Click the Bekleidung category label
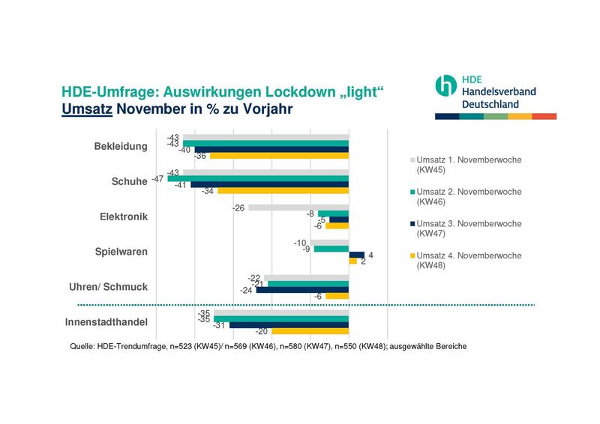tap(121, 146)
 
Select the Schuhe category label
tap(129, 182)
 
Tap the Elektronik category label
tap(124, 217)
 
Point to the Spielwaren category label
tap(121, 252)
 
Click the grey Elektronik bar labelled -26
tap(298, 208)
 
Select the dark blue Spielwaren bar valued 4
tap(356, 255)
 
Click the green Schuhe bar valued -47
tap(258, 179)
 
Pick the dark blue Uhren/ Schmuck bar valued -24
tap(302, 290)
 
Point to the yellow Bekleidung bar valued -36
tap(279, 156)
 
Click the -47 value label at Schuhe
tap(157, 179)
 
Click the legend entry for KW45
tap(468, 165)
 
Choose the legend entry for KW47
tap(468, 228)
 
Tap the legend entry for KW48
tap(468, 260)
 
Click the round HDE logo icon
tap(445, 85)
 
